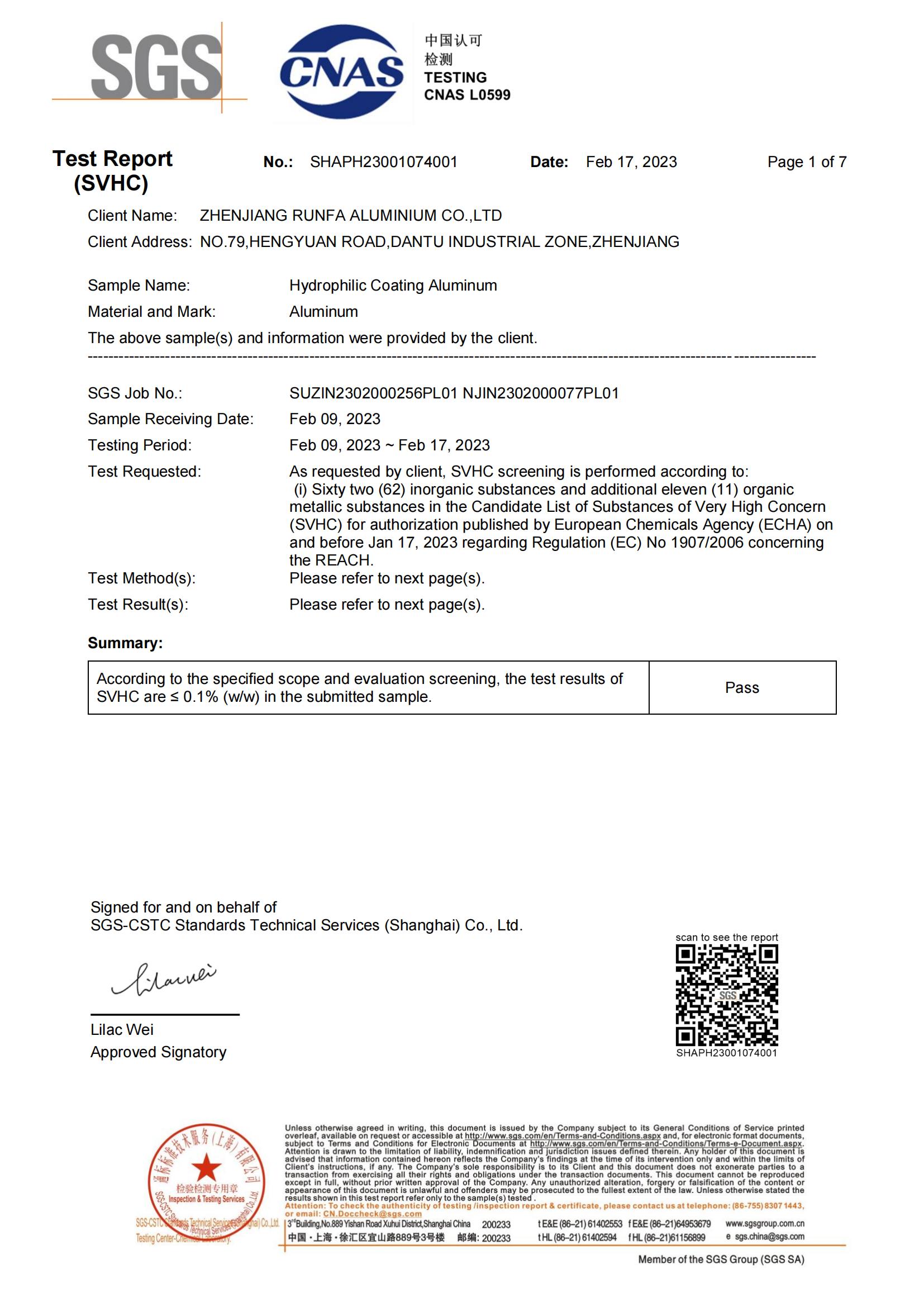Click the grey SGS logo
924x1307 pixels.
point(156,66)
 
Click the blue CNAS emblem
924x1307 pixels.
point(341,72)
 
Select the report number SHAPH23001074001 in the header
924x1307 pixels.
point(383,162)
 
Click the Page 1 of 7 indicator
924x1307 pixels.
point(806,162)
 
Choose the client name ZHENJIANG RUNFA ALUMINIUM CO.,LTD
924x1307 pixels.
point(350,216)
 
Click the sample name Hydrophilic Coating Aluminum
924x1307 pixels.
point(393,285)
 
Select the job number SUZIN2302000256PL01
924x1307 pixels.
point(373,393)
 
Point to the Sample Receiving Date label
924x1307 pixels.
point(171,419)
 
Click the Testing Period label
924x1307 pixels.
point(140,445)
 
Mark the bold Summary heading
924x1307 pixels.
point(125,643)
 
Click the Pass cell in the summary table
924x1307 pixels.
point(742,688)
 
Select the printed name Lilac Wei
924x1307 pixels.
point(122,1029)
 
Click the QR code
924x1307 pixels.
point(727,995)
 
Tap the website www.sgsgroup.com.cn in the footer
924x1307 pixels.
point(765,1223)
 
